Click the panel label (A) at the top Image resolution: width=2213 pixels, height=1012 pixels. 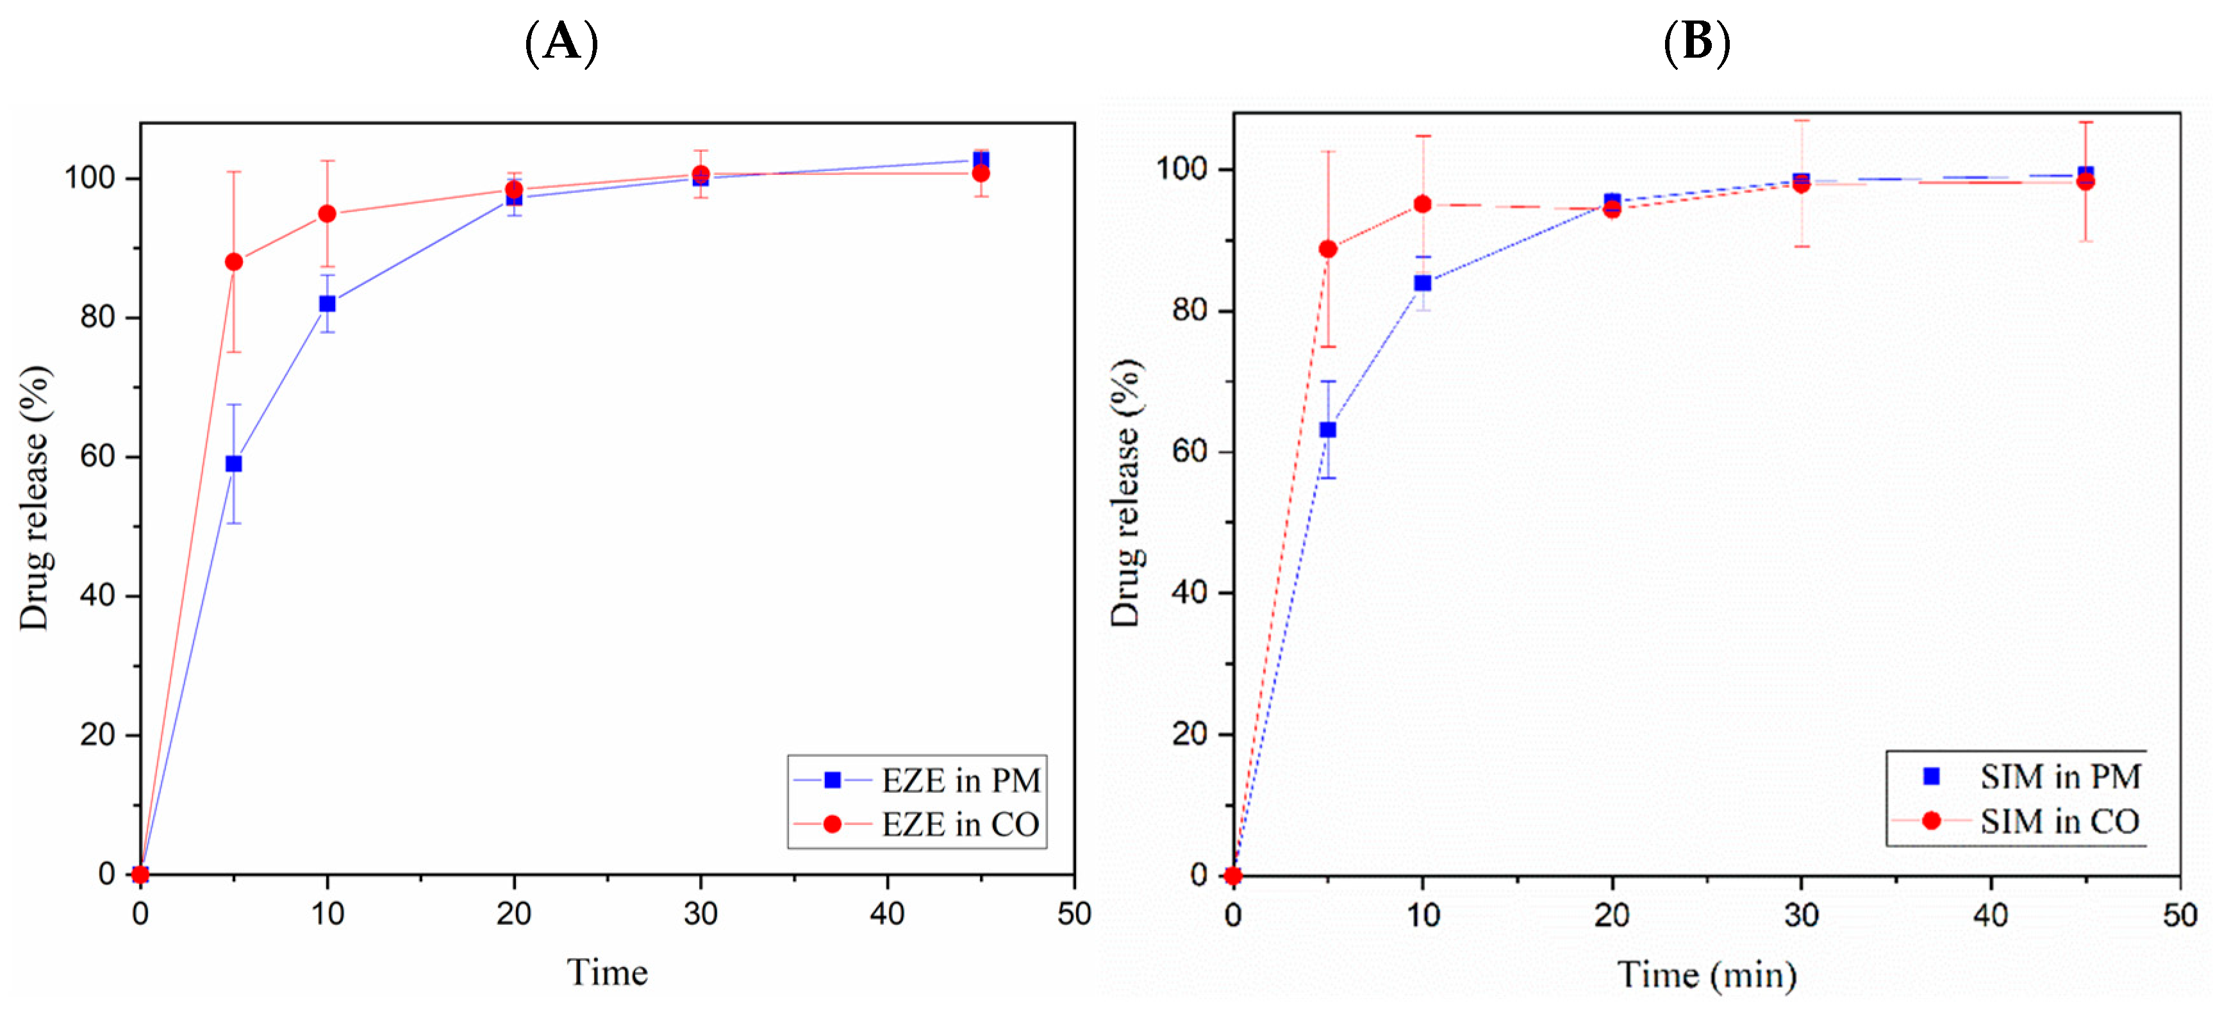pos(561,41)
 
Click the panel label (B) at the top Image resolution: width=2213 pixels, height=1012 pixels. pos(1696,41)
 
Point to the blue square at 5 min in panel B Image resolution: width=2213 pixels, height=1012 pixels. pos(1328,429)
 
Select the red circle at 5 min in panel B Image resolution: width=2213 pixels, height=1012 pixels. pos(1328,249)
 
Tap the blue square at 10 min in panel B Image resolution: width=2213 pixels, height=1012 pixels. pos(1423,283)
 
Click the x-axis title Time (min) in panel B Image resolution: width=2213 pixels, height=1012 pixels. pos(1706,975)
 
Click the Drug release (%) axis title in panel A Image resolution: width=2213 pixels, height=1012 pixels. pos(35,498)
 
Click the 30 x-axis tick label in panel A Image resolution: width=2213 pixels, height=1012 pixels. pos(700,913)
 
